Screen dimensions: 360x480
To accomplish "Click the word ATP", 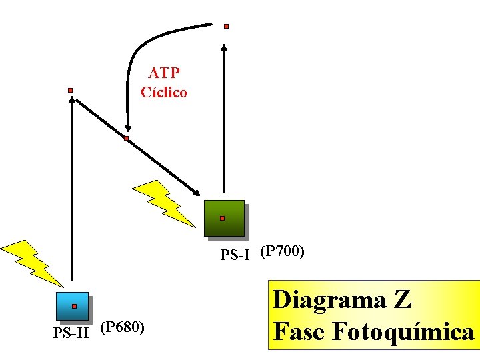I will [164, 72].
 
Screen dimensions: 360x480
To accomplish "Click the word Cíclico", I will [164, 92].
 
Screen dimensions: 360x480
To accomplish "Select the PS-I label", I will [235, 254].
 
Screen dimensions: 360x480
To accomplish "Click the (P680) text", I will [122, 327].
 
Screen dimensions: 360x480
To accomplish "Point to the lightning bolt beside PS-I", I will [163, 201].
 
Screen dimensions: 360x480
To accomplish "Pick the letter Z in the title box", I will [402, 300].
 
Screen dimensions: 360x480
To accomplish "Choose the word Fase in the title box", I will [299, 331].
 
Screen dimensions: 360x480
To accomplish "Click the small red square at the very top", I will [226, 27].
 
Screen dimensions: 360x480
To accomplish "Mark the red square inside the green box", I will [222, 218].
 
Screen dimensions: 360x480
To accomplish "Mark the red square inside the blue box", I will [74, 306].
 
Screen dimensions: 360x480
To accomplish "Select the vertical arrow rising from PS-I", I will [225, 120].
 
